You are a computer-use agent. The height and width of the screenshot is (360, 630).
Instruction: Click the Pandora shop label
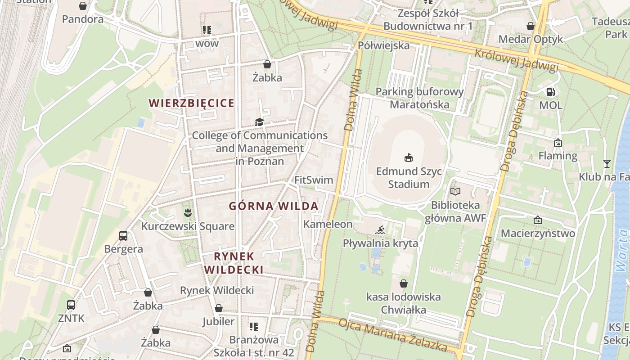82,19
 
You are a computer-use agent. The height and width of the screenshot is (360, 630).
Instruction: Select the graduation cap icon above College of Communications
259,122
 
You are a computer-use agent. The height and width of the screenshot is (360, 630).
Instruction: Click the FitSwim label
314,180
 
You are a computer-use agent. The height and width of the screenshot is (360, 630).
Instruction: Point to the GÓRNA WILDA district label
274,206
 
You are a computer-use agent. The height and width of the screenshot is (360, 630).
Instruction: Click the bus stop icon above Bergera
123,235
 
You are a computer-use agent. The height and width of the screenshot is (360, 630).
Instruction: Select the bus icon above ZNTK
71,305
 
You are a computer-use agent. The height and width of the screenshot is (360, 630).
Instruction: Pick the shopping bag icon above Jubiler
218,308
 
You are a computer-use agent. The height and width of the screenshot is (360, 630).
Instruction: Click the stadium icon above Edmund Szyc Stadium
409,157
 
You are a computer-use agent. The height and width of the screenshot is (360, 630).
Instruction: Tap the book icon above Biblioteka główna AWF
455,192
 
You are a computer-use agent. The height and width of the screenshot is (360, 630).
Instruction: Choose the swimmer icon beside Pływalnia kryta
380,230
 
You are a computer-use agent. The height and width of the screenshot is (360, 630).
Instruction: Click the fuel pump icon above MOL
550,92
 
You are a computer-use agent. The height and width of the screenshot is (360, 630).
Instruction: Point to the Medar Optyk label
531,39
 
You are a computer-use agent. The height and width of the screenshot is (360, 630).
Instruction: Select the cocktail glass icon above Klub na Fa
607,163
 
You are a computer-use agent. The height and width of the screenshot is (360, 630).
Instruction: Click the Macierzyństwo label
538,234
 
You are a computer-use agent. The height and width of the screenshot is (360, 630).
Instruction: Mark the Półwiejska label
384,45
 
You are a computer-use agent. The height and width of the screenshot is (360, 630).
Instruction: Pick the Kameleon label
328,224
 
